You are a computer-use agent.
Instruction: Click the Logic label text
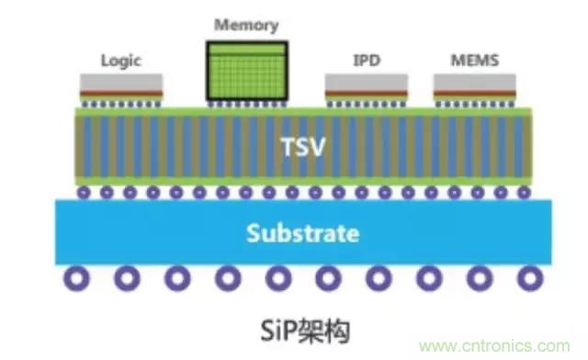pos(121,61)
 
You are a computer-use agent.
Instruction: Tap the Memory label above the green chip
pos(246,26)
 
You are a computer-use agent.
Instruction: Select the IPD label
pos(367,60)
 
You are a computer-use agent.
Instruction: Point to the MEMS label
pos(475,60)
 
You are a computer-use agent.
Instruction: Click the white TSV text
pos(303,147)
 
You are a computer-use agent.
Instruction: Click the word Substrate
pos(303,233)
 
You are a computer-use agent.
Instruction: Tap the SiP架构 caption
pos(305,332)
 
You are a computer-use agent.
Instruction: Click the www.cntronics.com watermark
pos(494,346)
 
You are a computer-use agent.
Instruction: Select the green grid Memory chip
pos(247,71)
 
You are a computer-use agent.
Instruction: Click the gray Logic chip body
pos(121,82)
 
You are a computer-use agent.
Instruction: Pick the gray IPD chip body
pos(367,82)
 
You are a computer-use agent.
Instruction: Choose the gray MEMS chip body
pos(475,82)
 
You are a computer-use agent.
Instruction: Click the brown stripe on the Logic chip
pos(121,93)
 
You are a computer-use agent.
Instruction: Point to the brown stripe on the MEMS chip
pos(475,93)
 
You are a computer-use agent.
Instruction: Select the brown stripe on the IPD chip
pos(367,93)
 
